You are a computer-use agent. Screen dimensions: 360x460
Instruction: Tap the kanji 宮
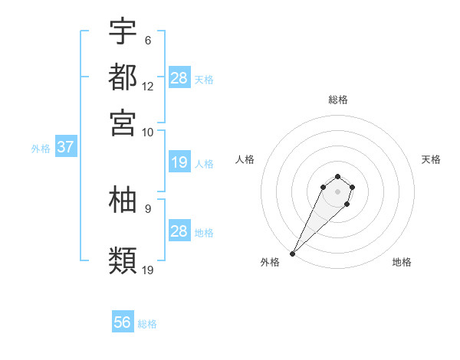coord(123,123)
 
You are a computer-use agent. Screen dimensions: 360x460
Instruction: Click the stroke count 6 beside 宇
coord(147,41)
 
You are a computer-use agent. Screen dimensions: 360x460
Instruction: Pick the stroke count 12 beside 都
coord(148,87)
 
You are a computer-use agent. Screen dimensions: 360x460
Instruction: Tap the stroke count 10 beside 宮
coord(148,133)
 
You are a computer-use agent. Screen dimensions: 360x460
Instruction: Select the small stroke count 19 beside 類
coord(148,270)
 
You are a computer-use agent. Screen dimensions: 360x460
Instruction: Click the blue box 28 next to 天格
coord(179,77)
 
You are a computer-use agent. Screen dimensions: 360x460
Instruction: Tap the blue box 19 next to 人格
coord(179,162)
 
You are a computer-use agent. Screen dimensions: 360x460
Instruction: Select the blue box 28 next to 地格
coord(179,231)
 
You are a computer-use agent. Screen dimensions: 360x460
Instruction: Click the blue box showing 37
coord(65,147)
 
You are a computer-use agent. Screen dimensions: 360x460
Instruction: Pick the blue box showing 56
coord(123,322)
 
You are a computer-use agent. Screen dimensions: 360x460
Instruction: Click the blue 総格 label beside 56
coord(147,324)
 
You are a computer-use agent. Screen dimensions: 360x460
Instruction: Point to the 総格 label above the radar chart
coord(337,100)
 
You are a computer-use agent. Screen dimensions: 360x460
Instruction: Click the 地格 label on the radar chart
coord(402,262)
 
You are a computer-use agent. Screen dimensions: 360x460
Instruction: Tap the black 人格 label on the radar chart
coord(245,159)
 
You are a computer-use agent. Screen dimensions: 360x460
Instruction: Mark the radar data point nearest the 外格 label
coord(293,253)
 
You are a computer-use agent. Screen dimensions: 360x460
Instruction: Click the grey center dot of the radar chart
coord(337,191)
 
